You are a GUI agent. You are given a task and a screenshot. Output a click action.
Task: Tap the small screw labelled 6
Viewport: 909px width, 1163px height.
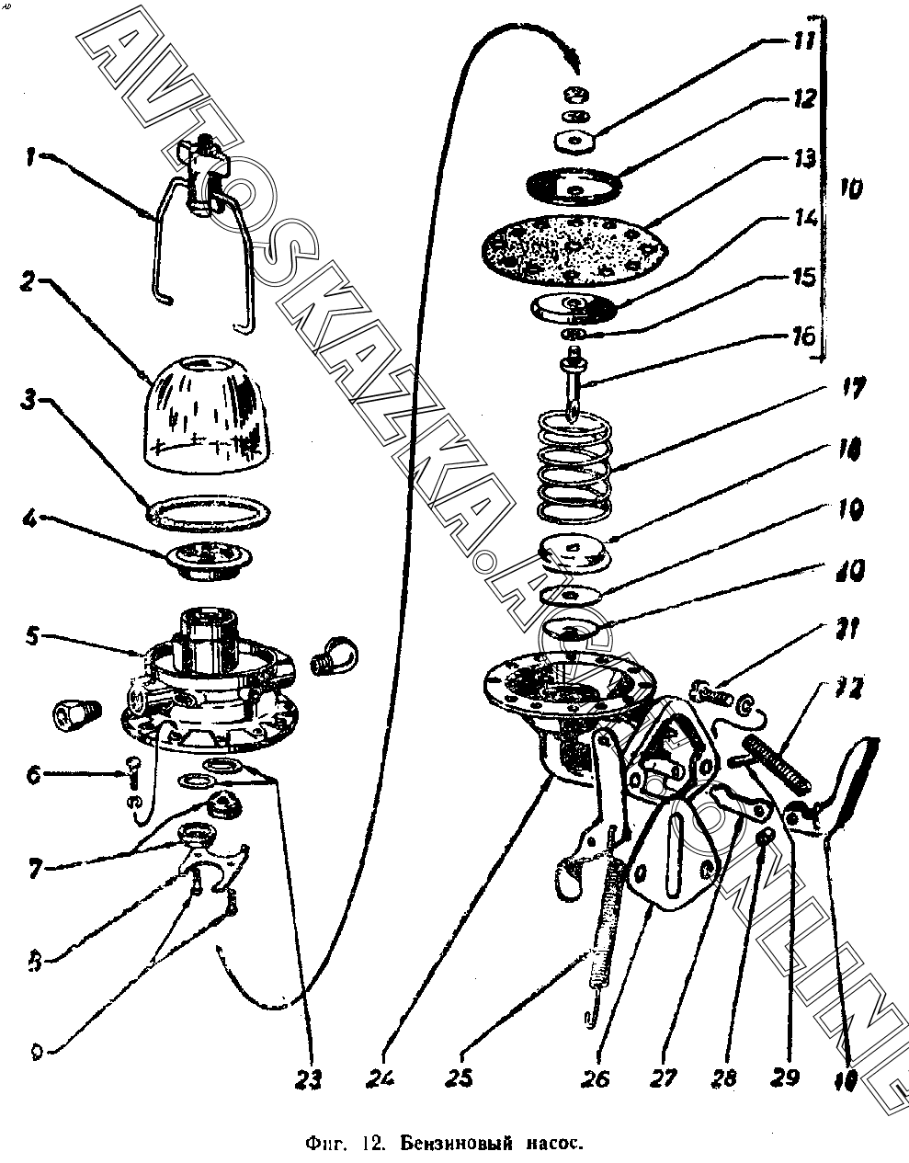(x=131, y=766)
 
